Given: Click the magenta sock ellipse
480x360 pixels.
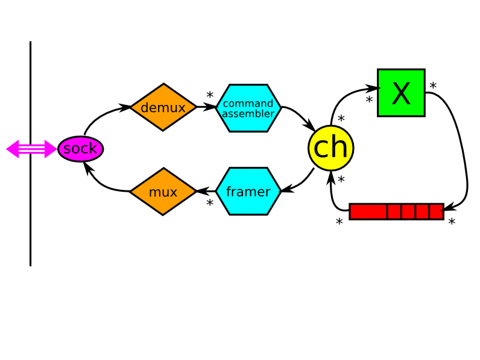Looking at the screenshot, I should [x=80, y=149].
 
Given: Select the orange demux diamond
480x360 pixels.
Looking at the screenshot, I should [x=163, y=107].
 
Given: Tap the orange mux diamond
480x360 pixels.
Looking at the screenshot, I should [x=163, y=192].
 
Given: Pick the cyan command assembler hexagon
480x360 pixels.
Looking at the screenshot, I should [x=248, y=108].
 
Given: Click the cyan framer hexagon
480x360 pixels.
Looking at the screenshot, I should [x=248, y=192].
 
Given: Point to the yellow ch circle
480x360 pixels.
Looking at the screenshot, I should [x=330, y=148].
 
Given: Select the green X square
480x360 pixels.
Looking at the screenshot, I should [x=401, y=93].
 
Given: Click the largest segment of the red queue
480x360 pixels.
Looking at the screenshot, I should [x=368, y=212].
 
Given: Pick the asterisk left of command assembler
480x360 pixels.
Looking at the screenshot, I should [x=210, y=96].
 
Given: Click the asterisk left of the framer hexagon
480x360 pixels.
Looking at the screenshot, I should [x=210, y=204].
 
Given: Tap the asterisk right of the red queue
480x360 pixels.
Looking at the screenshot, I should [x=452, y=223].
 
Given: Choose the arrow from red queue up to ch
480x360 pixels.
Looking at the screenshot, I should [x=332, y=193].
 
